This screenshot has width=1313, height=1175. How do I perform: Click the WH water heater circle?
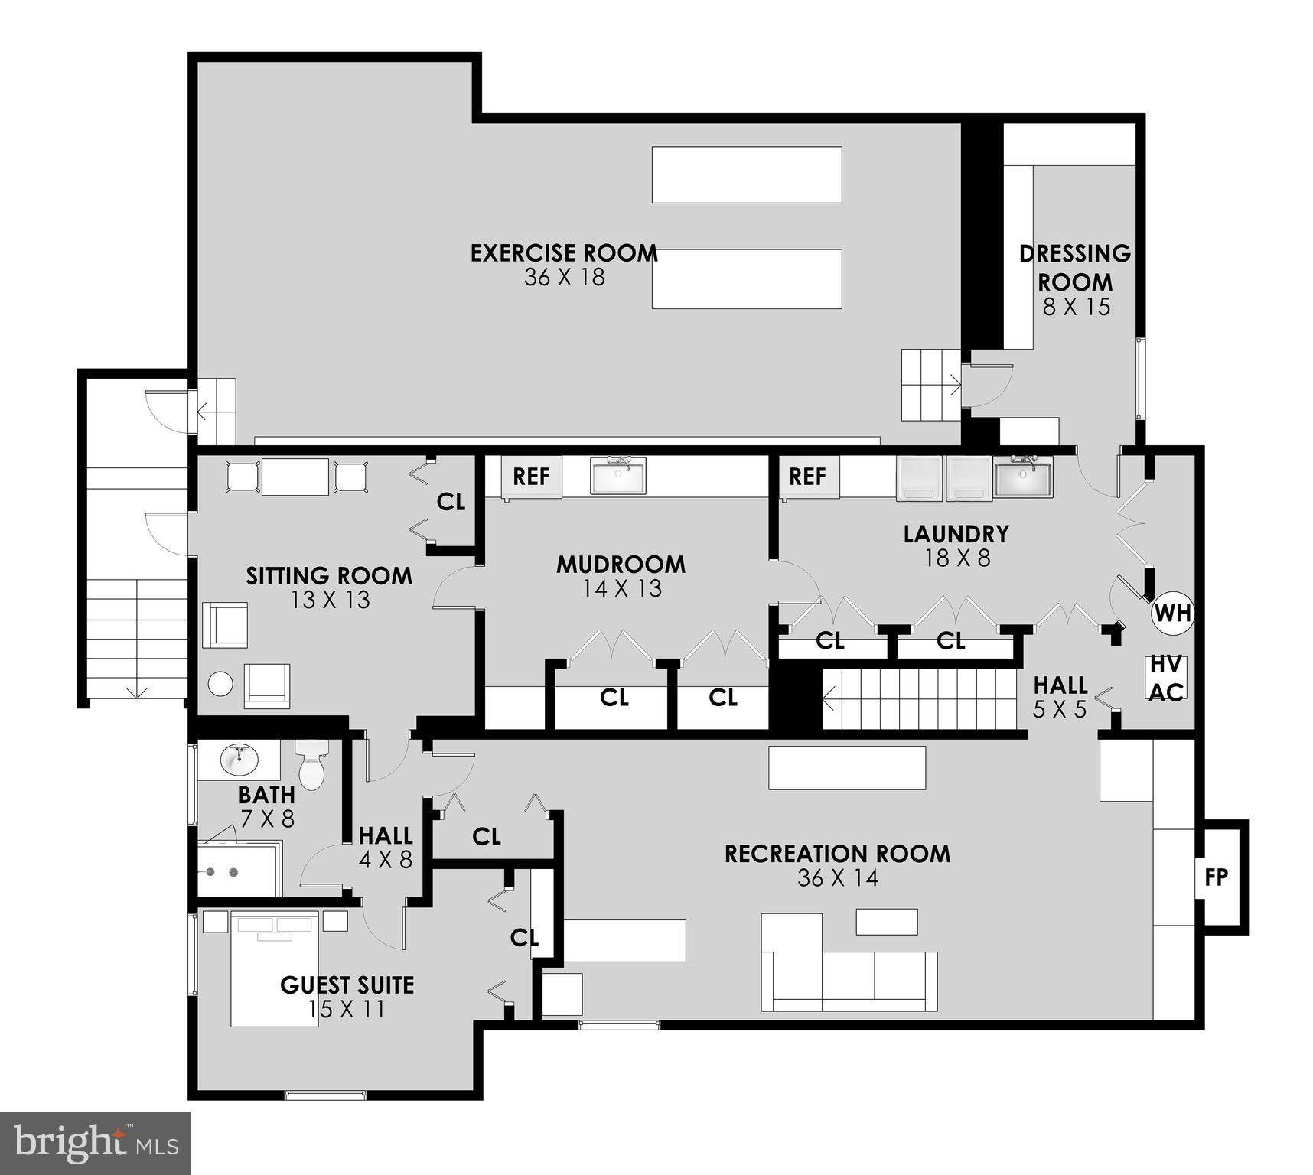click(1172, 613)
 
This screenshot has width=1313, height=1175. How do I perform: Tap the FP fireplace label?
click(1216, 877)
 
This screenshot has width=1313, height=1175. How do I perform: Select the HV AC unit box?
click(1166, 678)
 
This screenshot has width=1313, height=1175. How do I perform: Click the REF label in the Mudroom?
click(531, 477)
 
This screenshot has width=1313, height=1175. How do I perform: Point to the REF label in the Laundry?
click(807, 477)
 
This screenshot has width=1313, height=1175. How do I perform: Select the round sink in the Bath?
click(239, 760)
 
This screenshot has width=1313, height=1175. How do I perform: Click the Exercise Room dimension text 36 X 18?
click(564, 277)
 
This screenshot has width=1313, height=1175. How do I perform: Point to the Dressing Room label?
click(1075, 267)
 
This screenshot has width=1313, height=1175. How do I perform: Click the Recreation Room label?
click(837, 854)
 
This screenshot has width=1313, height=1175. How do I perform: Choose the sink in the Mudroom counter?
click(618, 476)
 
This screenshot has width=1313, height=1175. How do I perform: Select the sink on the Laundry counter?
click(1023, 477)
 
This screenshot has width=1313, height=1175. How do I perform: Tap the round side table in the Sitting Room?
click(220, 683)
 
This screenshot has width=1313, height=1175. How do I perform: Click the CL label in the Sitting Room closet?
click(451, 502)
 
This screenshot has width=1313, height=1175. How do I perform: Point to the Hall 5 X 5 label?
click(1060, 696)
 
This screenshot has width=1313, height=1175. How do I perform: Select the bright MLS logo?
click(95, 1143)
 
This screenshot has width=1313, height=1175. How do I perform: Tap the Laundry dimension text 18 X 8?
click(956, 558)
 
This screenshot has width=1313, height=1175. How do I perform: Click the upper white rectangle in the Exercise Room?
click(746, 174)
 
